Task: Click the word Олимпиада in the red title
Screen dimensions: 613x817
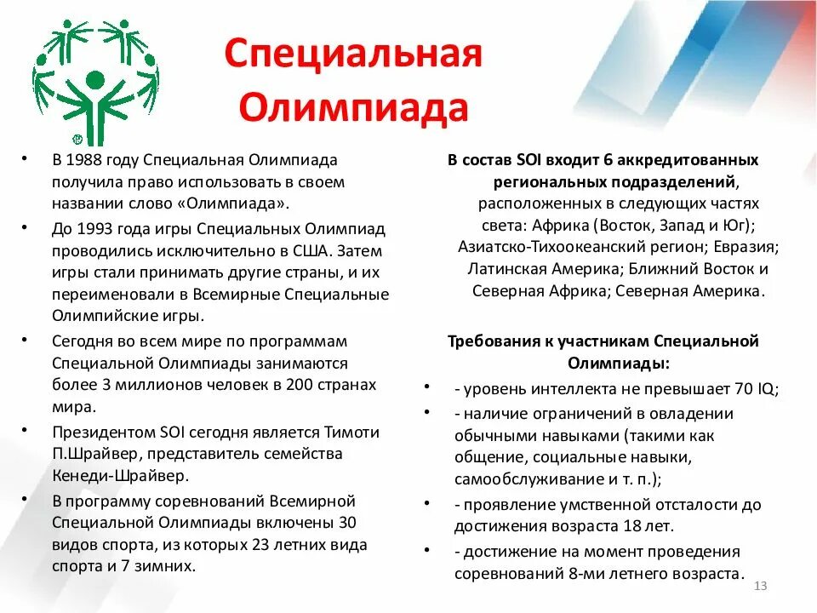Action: pyautogui.click(x=353, y=108)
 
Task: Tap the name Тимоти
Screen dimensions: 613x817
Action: pyautogui.click(x=351, y=432)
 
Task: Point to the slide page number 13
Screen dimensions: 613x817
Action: pyautogui.click(x=761, y=587)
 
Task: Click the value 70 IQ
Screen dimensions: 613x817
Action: pyautogui.click(x=755, y=388)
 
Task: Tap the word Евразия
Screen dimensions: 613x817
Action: pyautogui.click(x=746, y=247)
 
